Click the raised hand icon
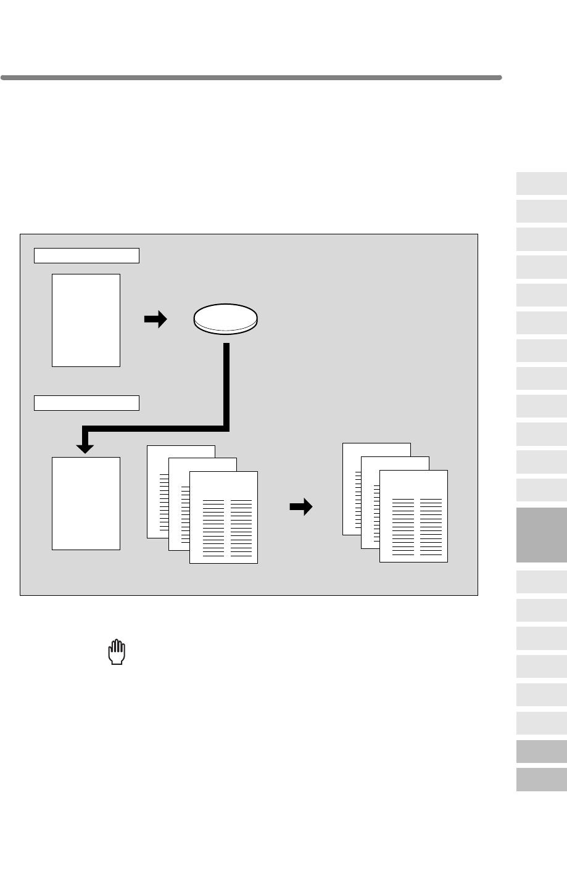[x=117, y=653]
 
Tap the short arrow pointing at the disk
[x=155, y=319]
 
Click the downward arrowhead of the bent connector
[x=85, y=442]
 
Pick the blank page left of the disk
[x=86, y=320]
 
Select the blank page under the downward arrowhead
[x=86, y=503]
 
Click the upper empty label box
[x=86, y=255]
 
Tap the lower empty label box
[x=86, y=403]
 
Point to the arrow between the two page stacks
[x=301, y=508]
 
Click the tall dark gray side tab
[x=541, y=535]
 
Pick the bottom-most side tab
[x=541, y=779]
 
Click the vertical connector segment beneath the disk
[x=226, y=382]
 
